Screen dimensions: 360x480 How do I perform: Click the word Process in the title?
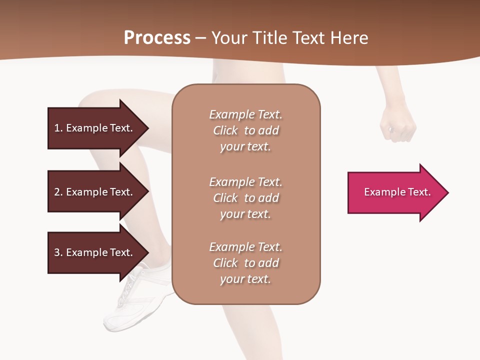(157, 38)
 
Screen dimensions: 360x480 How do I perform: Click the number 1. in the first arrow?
(58, 128)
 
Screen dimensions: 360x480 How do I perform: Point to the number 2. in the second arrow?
(58, 192)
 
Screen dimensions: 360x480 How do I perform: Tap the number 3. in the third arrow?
(58, 252)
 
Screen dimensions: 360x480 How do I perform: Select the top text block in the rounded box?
(245, 130)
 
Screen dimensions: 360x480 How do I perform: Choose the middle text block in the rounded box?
(245, 198)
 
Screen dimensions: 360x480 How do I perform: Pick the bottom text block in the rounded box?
(245, 263)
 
